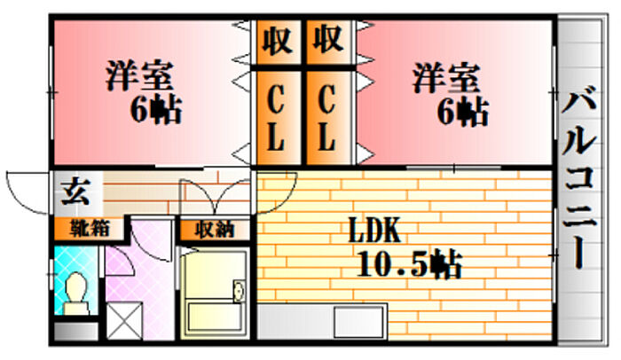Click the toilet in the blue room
tap(76, 293)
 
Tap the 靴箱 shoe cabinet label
tap(90, 229)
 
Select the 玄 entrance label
tap(75, 192)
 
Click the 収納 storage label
tap(215, 230)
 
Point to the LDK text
tap(374, 231)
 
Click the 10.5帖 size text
tap(410, 263)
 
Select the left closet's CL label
tap(276, 119)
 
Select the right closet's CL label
tap(327, 119)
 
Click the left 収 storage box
tap(278, 41)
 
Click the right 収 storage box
tap(328, 41)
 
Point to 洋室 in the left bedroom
tap(139, 75)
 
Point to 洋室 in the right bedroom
tap(446, 78)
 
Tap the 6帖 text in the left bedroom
tap(156, 109)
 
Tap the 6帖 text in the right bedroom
tap(462, 112)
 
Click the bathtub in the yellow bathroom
tap(215, 317)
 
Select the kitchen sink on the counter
tap(359, 322)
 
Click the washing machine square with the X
tap(124, 321)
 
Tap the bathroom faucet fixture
tap(240, 291)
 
